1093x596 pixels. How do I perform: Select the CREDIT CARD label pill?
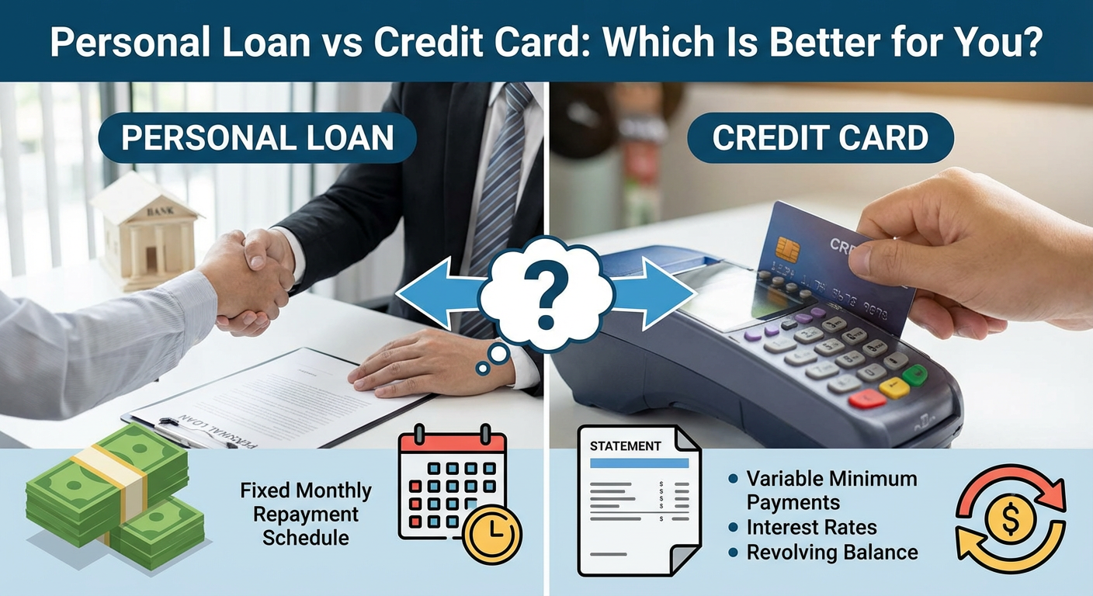point(821,138)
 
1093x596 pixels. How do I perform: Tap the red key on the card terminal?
point(867,398)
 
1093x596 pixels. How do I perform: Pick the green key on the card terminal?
point(916,375)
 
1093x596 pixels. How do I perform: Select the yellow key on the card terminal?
point(894,388)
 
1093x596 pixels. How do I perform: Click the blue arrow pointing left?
point(435,293)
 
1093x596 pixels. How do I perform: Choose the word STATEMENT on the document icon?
point(626,446)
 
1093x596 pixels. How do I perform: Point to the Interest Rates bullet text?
point(811,528)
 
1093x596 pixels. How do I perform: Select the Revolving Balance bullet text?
point(831,553)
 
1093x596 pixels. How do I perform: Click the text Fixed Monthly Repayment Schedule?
point(306,514)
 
